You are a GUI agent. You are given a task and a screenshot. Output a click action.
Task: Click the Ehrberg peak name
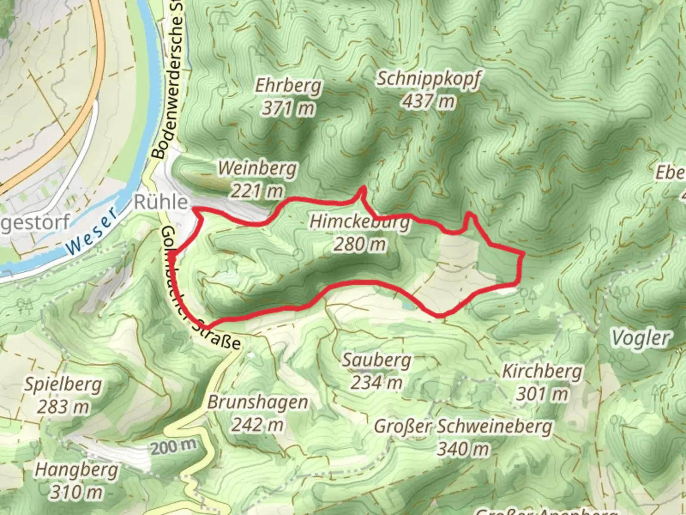pyautogui.click(x=288, y=86)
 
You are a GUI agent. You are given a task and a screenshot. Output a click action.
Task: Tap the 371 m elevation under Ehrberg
pyautogui.click(x=288, y=109)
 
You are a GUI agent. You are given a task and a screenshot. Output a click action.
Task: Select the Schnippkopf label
pyautogui.click(x=428, y=78)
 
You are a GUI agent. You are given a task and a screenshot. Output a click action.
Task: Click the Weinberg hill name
pyautogui.click(x=257, y=168)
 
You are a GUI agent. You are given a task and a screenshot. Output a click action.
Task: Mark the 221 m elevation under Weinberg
pyautogui.click(x=257, y=191)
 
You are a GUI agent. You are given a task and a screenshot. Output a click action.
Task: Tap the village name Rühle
pyautogui.click(x=161, y=202)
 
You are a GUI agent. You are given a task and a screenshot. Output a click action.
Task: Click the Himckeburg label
pyautogui.click(x=360, y=222)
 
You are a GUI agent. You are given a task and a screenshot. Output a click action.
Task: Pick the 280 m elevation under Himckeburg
pyautogui.click(x=360, y=244)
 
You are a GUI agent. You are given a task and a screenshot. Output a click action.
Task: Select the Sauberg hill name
pyautogui.click(x=376, y=360)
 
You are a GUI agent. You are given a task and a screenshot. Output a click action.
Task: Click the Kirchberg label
pyautogui.click(x=542, y=371)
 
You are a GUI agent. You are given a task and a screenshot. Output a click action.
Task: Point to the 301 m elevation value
pyautogui.click(x=542, y=394)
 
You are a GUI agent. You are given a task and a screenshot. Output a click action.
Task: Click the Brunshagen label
pyautogui.click(x=257, y=402)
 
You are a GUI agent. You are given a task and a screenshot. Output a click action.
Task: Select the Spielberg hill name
pyautogui.click(x=63, y=384)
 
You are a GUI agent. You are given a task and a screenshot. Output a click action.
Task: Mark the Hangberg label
pyautogui.click(x=76, y=470)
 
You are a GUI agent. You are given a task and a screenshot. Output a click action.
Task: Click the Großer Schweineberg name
pyautogui.click(x=463, y=426)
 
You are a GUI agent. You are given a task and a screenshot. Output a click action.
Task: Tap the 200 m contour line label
pyautogui.click(x=174, y=447)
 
